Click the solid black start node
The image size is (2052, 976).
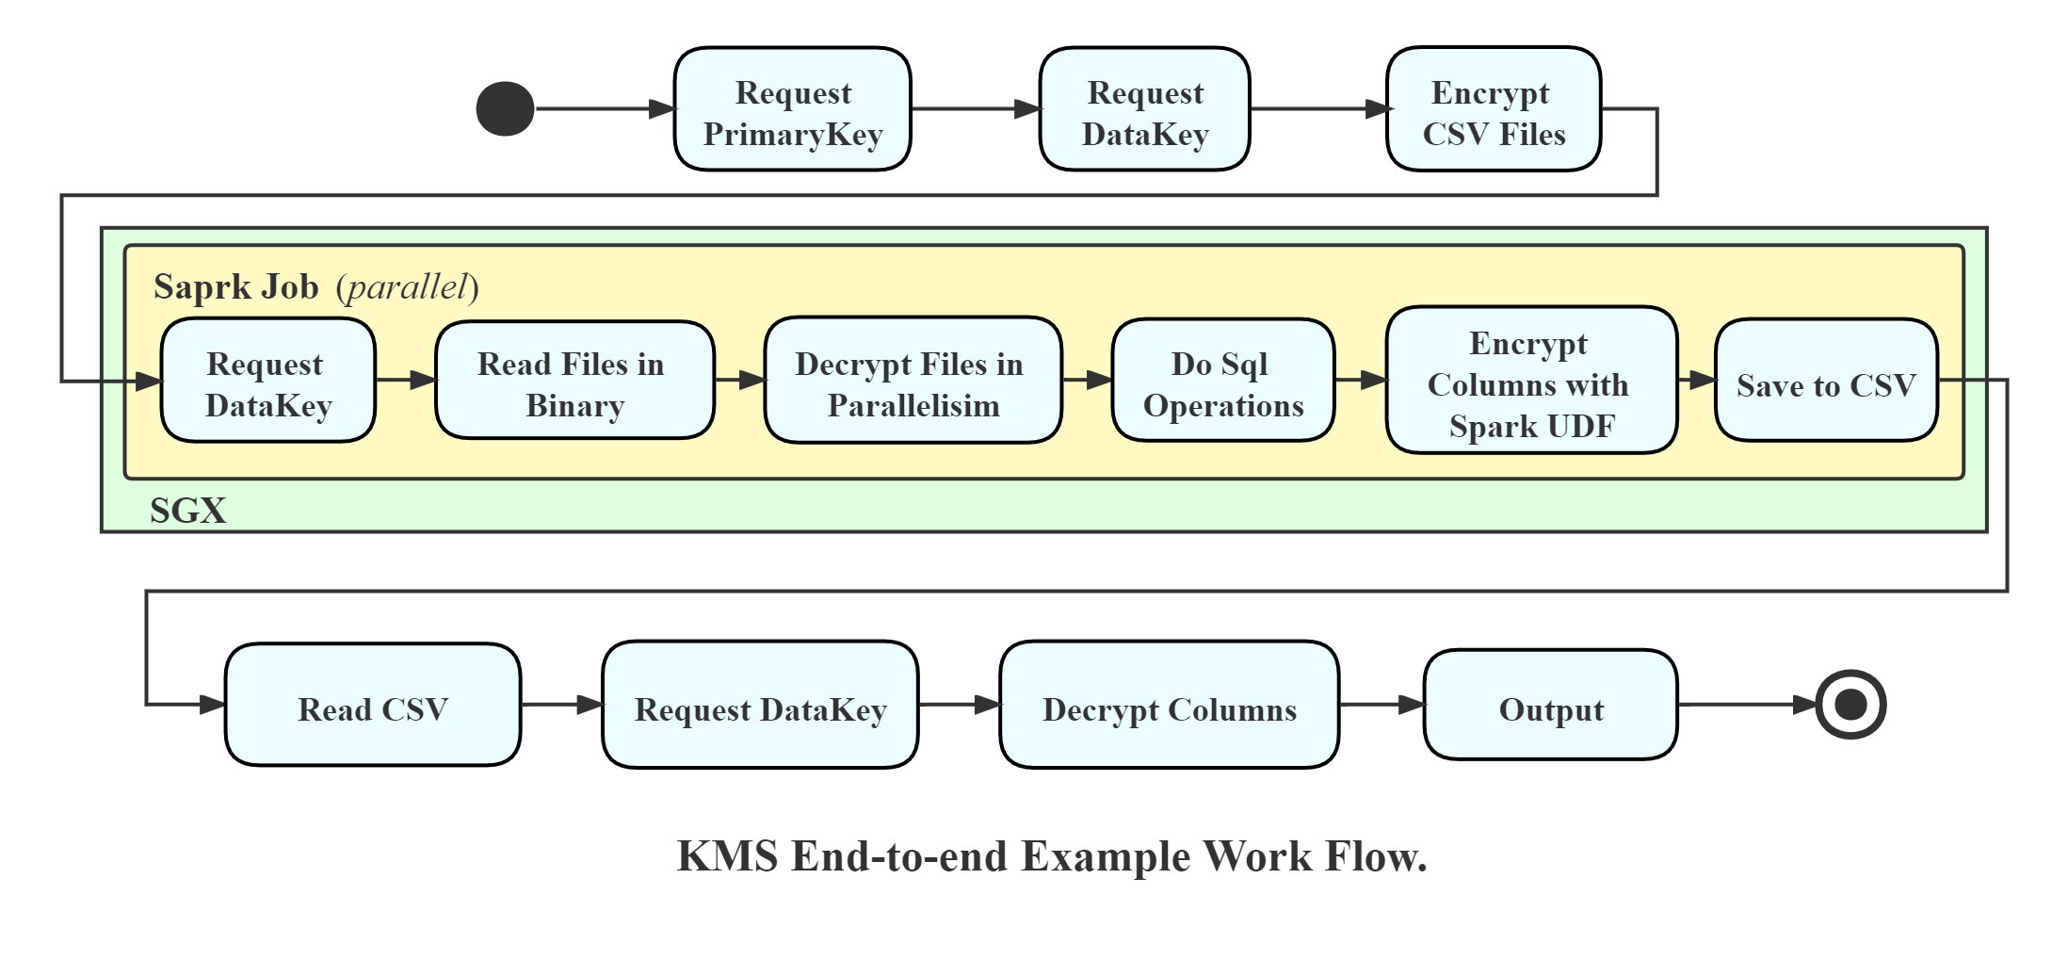point(505,109)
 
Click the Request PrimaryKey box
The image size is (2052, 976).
point(792,109)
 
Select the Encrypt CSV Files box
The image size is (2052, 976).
point(1494,109)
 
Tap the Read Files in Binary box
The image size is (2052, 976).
point(574,381)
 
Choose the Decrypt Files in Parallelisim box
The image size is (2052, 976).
point(913,381)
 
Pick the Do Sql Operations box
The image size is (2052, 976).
point(1222,381)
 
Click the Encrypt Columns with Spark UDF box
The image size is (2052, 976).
point(1531,381)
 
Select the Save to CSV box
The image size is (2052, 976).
point(1826,381)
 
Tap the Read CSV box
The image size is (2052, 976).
point(373,705)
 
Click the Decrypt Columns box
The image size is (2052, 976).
point(1169,705)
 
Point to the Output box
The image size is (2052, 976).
point(1550,705)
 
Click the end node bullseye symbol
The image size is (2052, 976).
point(1850,705)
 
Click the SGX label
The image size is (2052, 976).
point(187,511)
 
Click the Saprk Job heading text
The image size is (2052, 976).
point(236,287)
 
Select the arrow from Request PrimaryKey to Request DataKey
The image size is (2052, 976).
point(975,109)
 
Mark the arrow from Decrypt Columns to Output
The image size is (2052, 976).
point(1381,705)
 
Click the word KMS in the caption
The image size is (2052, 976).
point(727,856)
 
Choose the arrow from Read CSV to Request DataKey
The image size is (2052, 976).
point(561,705)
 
